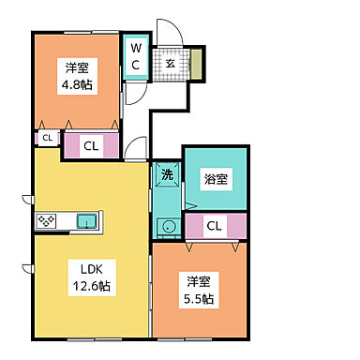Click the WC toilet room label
(x=135, y=56)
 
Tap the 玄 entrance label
(x=172, y=64)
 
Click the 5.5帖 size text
(x=199, y=299)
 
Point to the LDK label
(x=88, y=264)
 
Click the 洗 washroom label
(x=167, y=174)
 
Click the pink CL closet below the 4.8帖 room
(x=91, y=145)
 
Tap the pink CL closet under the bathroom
(x=215, y=226)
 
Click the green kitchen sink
(x=87, y=222)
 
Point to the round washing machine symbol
(x=167, y=226)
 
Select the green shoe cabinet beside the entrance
(x=198, y=64)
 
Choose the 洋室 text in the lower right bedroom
(x=199, y=281)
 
